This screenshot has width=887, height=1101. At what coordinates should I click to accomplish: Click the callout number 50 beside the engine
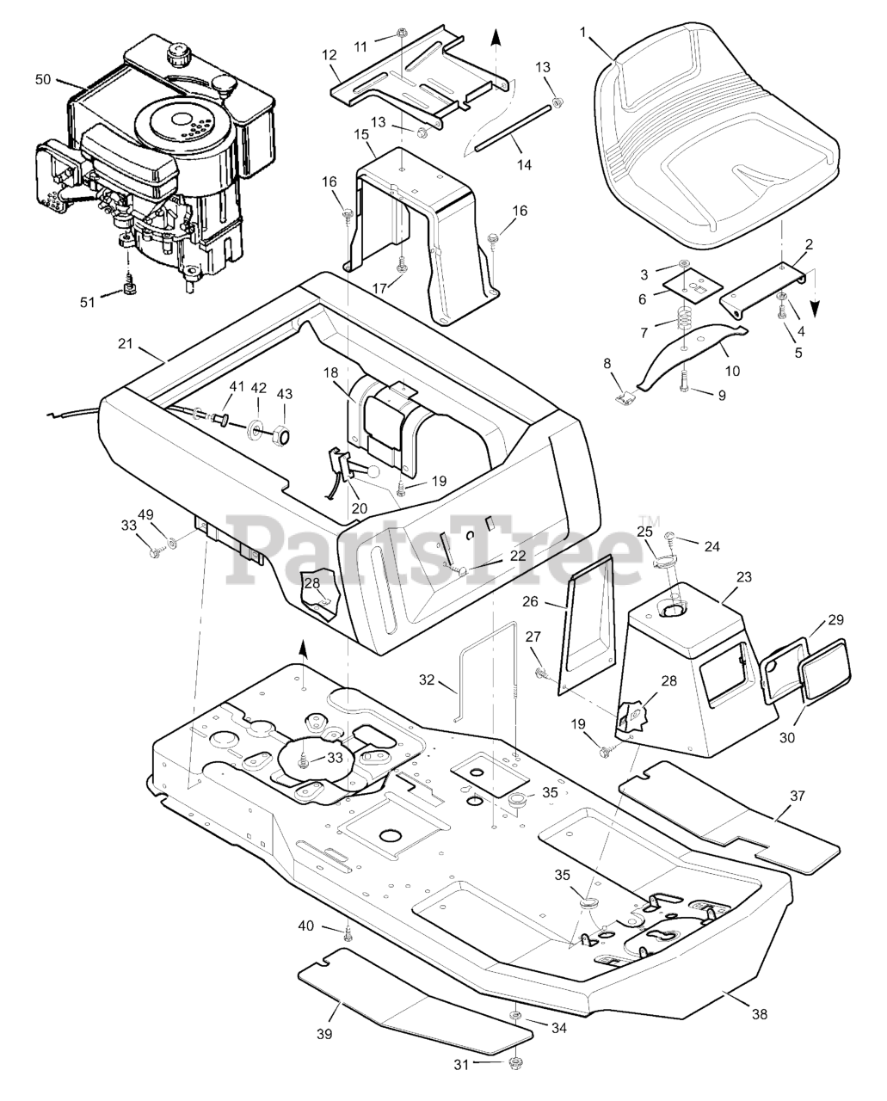click(43, 79)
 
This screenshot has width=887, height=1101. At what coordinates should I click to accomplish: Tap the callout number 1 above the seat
click(583, 32)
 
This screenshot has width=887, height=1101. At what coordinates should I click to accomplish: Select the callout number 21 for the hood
click(126, 344)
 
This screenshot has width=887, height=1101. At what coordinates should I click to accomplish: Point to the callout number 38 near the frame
click(759, 1014)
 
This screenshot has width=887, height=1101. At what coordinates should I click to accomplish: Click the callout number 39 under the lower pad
click(326, 1033)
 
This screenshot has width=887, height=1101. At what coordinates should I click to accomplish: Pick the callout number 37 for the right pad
click(798, 796)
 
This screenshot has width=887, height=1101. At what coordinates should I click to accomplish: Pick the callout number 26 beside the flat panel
click(555, 603)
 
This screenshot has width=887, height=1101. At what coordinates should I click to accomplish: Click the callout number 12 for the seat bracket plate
click(330, 54)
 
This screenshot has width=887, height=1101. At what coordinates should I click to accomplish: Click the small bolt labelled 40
click(347, 934)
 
